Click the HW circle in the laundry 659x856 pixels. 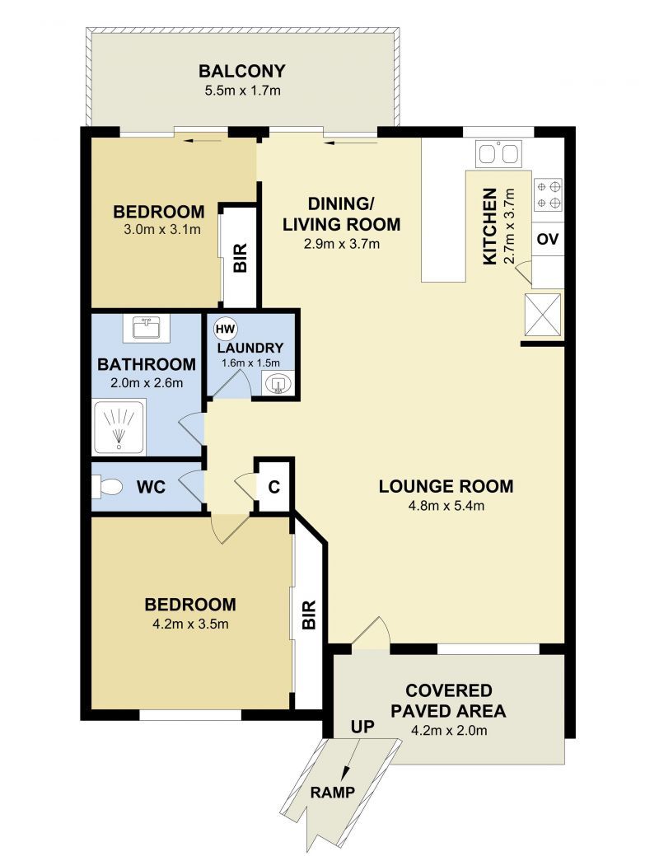[224, 330]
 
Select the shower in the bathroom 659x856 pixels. [119, 428]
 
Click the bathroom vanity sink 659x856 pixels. [147, 328]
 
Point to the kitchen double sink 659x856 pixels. [498, 153]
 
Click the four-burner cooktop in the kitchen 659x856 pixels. [548, 195]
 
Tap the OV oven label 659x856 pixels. [548, 239]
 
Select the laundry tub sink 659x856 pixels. [278, 382]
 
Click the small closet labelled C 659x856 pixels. [274, 486]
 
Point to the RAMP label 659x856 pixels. [333, 792]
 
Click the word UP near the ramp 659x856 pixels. [362, 727]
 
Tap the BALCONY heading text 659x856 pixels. [242, 72]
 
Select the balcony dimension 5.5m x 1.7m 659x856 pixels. [242, 91]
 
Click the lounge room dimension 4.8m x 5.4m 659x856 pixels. [446, 506]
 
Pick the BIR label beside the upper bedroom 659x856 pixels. [241, 258]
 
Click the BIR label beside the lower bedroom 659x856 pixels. [309, 615]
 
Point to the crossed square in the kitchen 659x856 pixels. [542, 315]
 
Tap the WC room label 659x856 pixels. [151, 487]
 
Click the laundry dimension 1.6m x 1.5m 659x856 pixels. [250, 363]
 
